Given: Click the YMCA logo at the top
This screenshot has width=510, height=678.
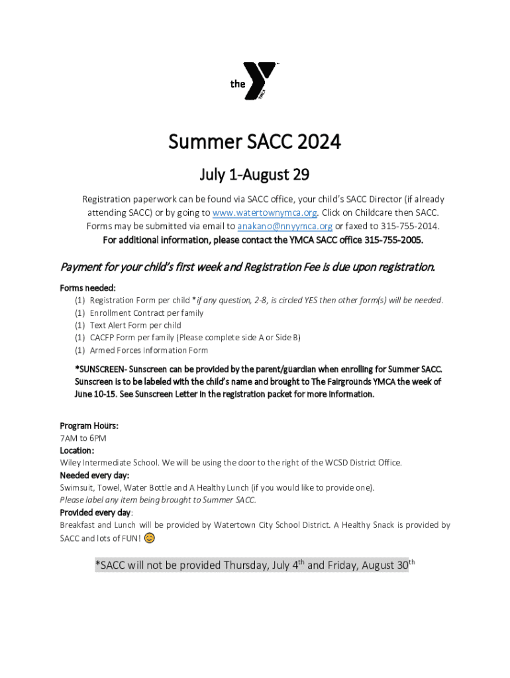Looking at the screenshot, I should click(255, 82).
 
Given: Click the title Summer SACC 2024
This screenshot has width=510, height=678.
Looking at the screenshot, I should click(255, 142).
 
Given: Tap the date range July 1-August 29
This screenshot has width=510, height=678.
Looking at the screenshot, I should click(255, 175).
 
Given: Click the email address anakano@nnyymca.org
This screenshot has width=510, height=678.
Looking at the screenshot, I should click(285, 226).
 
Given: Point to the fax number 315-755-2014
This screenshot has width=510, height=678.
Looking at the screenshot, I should click(405, 226).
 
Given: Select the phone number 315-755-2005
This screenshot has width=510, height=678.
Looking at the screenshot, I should click(393, 240).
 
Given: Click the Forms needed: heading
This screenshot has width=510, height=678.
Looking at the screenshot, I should click(88, 288).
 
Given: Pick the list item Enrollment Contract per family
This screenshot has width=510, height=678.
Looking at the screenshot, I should click(146, 313).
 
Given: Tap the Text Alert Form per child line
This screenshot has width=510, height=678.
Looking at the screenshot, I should click(135, 326).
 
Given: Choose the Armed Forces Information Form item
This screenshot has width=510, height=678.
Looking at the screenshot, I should click(148, 350).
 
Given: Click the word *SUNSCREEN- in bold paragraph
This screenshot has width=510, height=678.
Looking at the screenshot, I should click(101, 369).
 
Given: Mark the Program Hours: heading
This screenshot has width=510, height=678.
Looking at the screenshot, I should click(89, 426).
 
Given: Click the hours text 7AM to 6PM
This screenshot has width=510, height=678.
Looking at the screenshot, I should click(83, 438).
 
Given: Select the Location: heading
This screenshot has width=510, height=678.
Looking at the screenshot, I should click(77, 450).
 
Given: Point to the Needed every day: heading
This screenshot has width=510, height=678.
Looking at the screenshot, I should click(95, 475).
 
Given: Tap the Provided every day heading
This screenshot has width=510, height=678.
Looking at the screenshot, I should click(95, 512).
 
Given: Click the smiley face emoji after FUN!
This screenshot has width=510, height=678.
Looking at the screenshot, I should click(150, 538).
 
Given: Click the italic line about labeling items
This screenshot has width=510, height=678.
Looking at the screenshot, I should click(158, 500).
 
